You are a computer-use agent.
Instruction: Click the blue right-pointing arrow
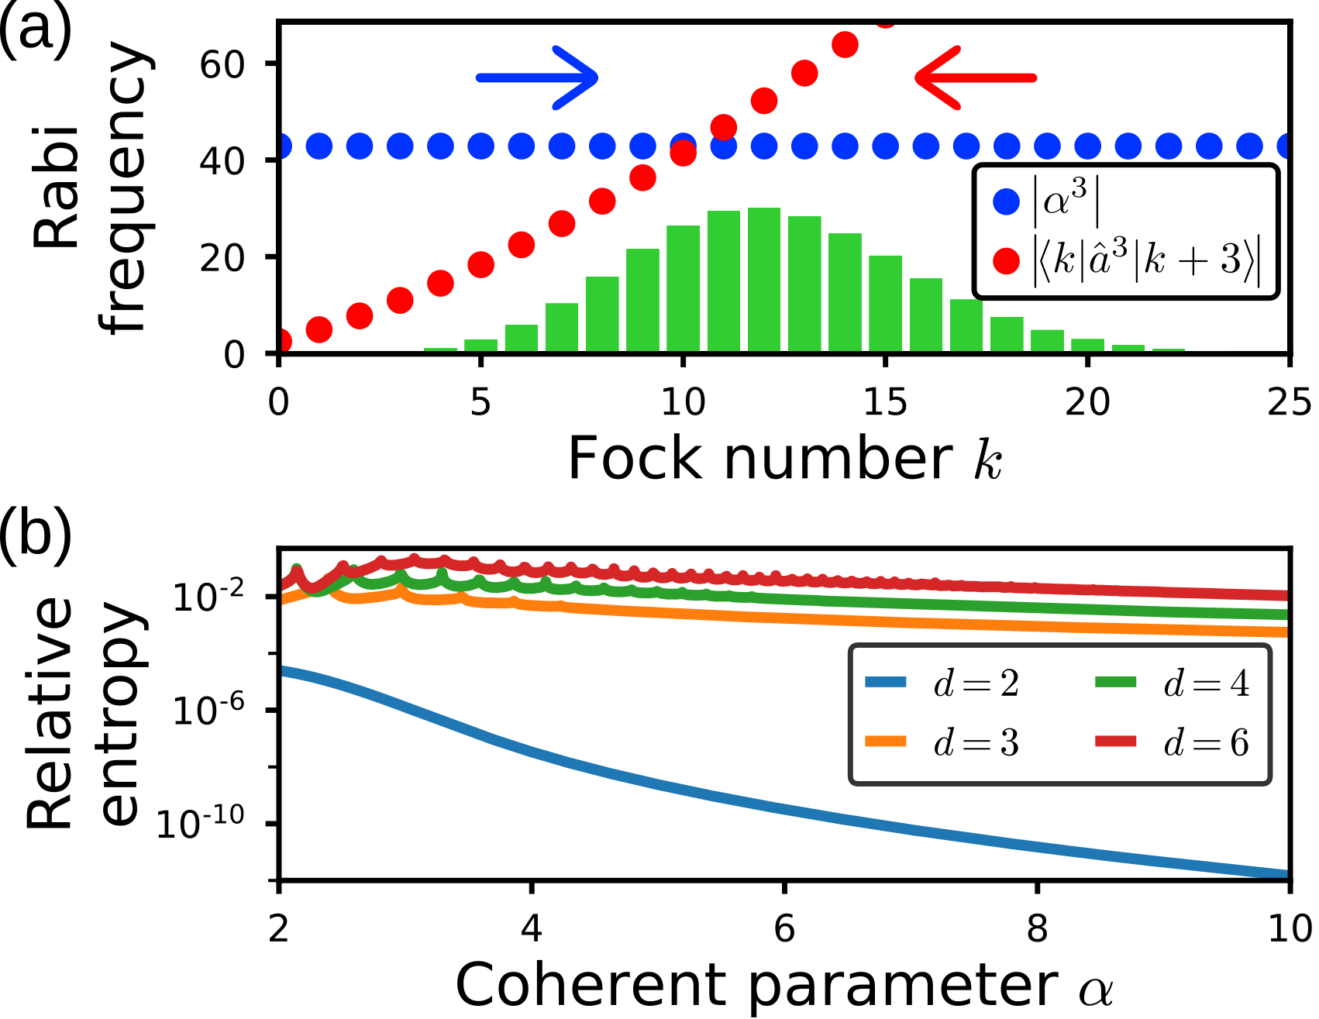(536, 77)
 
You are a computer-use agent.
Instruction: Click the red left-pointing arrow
(975, 77)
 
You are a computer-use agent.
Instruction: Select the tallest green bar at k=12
(764, 281)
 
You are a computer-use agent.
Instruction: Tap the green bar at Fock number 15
(885, 304)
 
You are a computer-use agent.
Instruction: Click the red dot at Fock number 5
(480, 264)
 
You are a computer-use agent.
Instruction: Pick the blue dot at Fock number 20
(1088, 146)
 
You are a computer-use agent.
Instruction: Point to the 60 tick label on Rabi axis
(222, 64)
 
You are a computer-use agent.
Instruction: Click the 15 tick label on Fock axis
(885, 402)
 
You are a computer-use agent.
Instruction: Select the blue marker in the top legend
(1006, 202)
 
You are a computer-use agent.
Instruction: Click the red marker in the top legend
(1006, 260)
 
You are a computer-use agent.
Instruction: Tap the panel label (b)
(35, 531)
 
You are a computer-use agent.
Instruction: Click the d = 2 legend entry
(942, 683)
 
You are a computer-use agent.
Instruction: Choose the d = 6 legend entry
(1172, 742)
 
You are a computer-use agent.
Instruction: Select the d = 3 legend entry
(942, 742)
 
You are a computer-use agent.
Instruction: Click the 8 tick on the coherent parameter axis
(1037, 928)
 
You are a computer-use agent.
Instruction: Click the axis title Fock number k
(784, 460)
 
